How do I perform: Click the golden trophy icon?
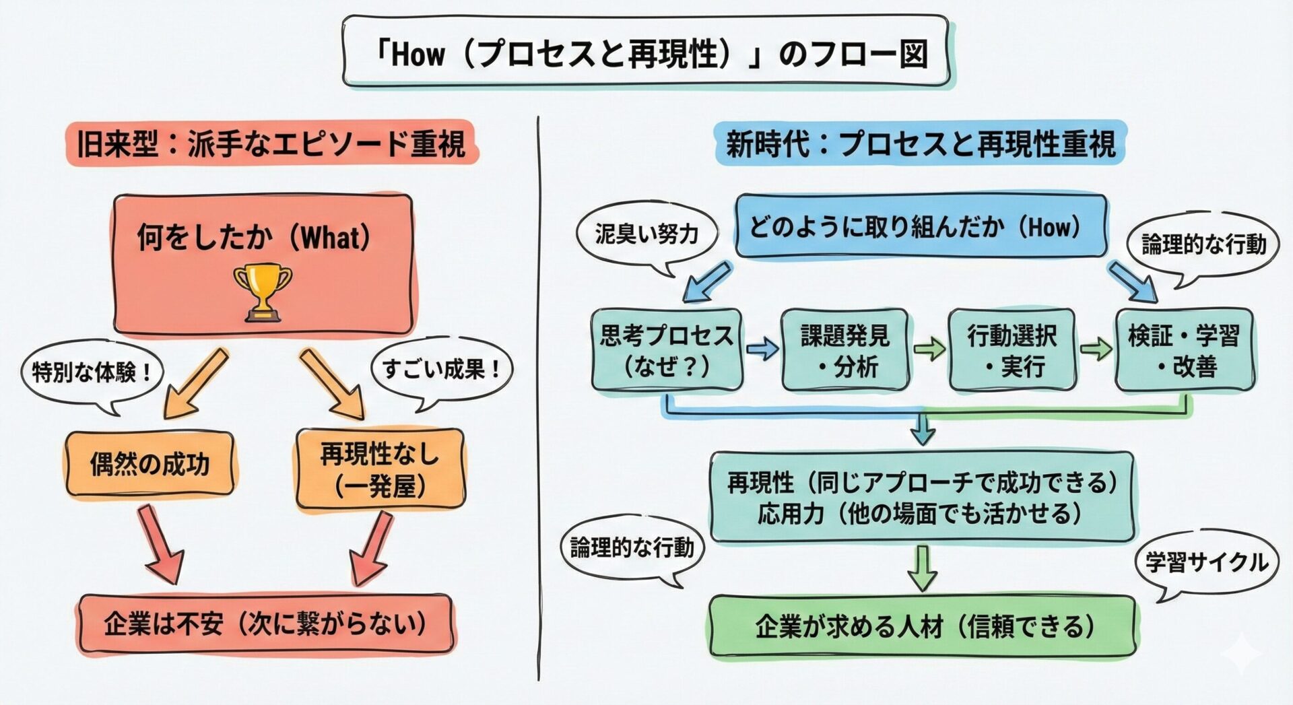click(x=263, y=292)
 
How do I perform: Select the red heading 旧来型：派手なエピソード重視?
click(x=271, y=143)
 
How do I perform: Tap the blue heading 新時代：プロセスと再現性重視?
click(x=920, y=143)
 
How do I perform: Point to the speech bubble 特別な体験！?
click(x=92, y=372)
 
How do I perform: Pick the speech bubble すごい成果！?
click(x=441, y=369)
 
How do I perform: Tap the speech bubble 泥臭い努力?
click(x=646, y=234)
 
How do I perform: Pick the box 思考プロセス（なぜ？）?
click(x=666, y=350)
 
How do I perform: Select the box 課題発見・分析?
click(x=845, y=350)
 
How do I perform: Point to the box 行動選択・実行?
click(x=1012, y=350)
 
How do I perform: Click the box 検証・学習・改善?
click(x=1184, y=350)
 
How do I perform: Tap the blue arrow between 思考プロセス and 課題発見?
click(x=762, y=349)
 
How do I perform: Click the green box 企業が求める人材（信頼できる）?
click(x=922, y=627)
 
